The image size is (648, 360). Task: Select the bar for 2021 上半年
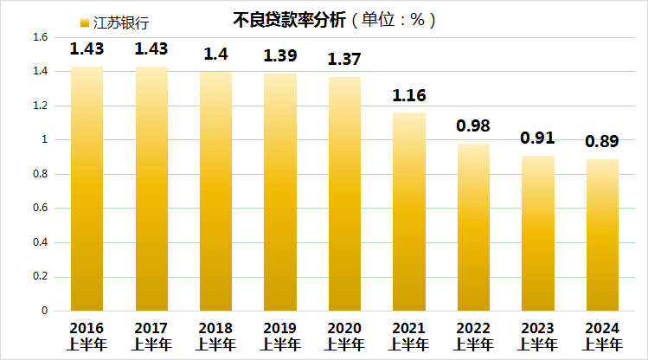408,212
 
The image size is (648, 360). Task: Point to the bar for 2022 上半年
473,228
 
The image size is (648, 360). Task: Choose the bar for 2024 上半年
601,235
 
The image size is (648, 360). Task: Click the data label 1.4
215,54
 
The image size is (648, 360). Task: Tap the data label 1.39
280,55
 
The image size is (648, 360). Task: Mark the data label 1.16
408,94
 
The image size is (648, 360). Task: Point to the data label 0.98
473,125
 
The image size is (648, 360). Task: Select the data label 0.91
537,138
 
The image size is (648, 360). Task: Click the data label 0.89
601,141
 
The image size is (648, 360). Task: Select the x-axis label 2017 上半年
151,336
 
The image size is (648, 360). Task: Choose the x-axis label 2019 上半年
280,336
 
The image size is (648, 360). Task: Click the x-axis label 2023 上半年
537,336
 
